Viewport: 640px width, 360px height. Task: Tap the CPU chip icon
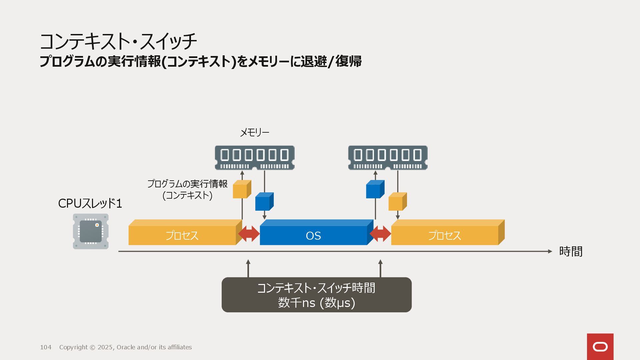click(x=91, y=231)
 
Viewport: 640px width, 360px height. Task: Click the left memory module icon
click(x=255, y=158)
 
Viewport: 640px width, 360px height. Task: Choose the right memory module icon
click(x=388, y=158)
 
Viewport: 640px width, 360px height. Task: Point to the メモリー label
click(x=254, y=132)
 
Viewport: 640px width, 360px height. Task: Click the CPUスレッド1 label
click(x=90, y=203)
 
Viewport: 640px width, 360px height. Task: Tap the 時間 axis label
click(x=571, y=251)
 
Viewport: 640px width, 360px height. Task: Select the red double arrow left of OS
click(x=249, y=234)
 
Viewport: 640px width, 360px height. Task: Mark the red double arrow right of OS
click(x=380, y=234)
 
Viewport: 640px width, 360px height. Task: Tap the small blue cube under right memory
click(x=375, y=190)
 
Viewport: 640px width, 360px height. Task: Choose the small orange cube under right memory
click(x=397, y=202)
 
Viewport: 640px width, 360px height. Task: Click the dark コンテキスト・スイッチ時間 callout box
click(x=316, y=295)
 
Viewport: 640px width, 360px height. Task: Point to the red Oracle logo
click(x=600, y=347)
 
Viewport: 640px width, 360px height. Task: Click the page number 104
click(x=46, y=347)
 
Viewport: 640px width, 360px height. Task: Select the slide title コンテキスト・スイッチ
click(x=118, y=41)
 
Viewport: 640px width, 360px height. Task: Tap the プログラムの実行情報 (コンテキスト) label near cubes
click(x=187, y=189)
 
